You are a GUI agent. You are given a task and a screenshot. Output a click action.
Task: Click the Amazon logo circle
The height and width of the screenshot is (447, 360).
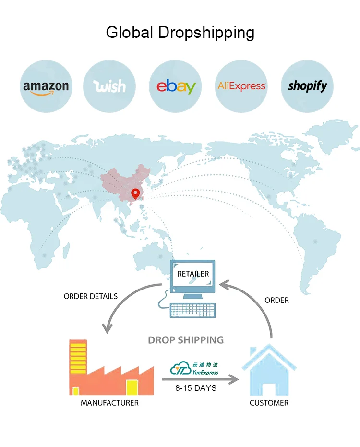(46, 86)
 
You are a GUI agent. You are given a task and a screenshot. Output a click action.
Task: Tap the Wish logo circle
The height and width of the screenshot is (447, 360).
(110, 86)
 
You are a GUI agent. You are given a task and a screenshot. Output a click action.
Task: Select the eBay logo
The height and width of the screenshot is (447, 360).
(176, 86)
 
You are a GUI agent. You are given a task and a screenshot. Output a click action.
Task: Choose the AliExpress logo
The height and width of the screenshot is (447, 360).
(241, 86)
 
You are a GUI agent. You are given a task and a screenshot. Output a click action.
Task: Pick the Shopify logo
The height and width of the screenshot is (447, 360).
(307, 86)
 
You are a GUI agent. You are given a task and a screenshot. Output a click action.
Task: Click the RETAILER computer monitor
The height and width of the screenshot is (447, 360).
(193, 277)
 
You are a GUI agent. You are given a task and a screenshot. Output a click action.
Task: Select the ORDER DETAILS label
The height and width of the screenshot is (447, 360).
(90, 296)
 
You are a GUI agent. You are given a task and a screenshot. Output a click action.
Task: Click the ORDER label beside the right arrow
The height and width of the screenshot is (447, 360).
(276, 300)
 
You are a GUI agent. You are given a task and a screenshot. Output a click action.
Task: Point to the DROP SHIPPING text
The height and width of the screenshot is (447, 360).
(186, 340)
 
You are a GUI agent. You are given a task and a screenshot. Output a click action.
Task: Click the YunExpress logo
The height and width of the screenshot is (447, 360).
(195, 369)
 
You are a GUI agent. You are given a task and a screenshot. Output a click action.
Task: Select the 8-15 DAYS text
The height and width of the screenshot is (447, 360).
(196, 387)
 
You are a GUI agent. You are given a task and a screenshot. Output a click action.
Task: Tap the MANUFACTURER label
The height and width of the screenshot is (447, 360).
(109, 403)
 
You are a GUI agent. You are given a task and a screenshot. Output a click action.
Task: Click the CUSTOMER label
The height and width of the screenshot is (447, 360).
(269, 403)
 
